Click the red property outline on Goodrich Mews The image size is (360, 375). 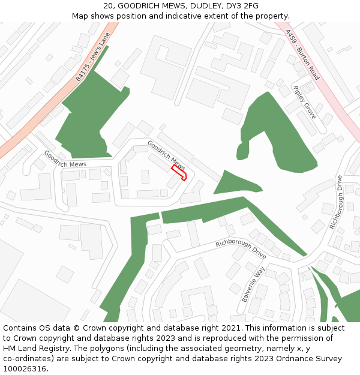click(x=179, y=173)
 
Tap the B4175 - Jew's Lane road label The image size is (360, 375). click(x=93, y=58)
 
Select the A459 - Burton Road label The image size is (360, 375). click(x=302, y=55)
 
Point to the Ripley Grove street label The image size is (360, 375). click(x=304, y=101)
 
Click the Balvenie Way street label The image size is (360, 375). click(x=253, y=284)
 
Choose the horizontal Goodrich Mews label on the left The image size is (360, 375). click(x=65, y=164)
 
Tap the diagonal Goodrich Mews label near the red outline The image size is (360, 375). click(x=166, y=154)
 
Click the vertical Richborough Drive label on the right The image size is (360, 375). click(x=335, y=202)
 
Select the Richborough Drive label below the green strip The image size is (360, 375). click(x=241, y=249)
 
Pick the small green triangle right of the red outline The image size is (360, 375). click(x=234, y=184)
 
